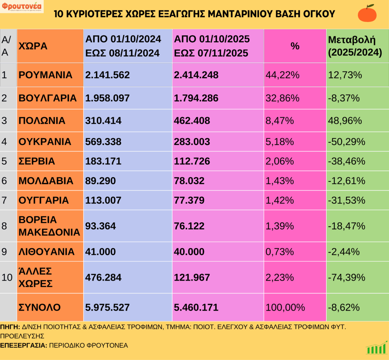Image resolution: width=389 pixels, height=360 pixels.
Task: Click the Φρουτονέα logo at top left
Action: tap(22, 6)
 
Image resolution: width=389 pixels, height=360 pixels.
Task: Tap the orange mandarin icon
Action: tap(367, 13)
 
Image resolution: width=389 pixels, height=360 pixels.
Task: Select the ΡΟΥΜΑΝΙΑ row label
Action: tap(45, 75)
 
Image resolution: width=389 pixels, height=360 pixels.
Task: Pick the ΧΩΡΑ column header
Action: tap(33, 46)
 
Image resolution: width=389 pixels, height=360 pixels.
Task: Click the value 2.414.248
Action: tap(196, 75)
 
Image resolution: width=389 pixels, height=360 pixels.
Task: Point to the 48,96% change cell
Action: tap(344, 121)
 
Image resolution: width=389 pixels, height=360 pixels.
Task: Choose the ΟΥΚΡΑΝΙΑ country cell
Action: tap(45, 142)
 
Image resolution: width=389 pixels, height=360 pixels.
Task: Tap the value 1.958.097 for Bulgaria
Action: tap(108, 98)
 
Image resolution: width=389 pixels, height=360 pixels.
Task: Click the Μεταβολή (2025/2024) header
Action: tap(355, 46)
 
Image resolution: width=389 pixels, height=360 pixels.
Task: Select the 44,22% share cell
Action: tap(282, 75)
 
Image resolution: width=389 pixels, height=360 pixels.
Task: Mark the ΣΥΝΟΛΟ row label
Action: tap(40, 307)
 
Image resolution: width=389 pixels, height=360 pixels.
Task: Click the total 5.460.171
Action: tap(196, 307)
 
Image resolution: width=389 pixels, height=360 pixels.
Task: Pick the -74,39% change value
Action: tap(346, 277)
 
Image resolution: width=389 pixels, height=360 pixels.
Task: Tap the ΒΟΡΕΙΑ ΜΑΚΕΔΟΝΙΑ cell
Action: tap(49, 226)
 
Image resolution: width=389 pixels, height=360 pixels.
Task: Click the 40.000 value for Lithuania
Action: tap(190, 251)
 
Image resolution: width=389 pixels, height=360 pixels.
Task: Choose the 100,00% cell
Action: tap(285, 307)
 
